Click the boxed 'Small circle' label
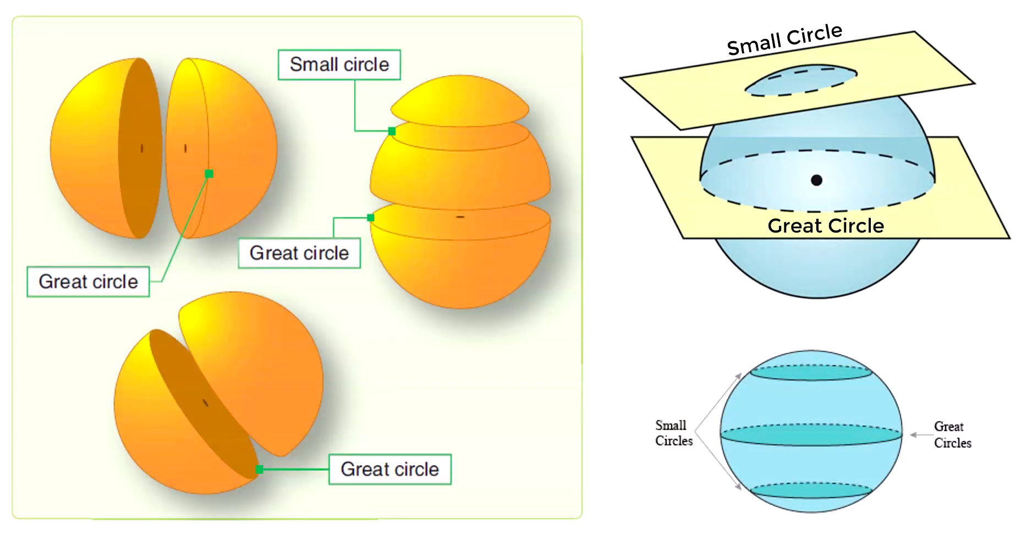coord(339,65)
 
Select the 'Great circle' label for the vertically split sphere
coord(88,282)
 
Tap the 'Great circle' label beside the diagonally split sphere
coord(389,469)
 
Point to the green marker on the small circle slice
coord(392,131)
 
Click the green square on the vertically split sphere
coord(209,174)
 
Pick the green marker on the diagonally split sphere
coord(259,469)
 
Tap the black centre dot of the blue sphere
coord(816,180)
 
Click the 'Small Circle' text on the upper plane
coord(784,40)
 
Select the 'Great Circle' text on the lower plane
coord(825,226)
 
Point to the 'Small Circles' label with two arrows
coord(673,433)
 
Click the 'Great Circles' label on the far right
coord(952,434)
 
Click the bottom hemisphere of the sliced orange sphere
coord(460,264)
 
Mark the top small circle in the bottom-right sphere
coord(811,372)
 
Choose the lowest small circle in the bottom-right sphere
coord(811,490)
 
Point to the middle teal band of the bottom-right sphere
coord(811,434)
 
